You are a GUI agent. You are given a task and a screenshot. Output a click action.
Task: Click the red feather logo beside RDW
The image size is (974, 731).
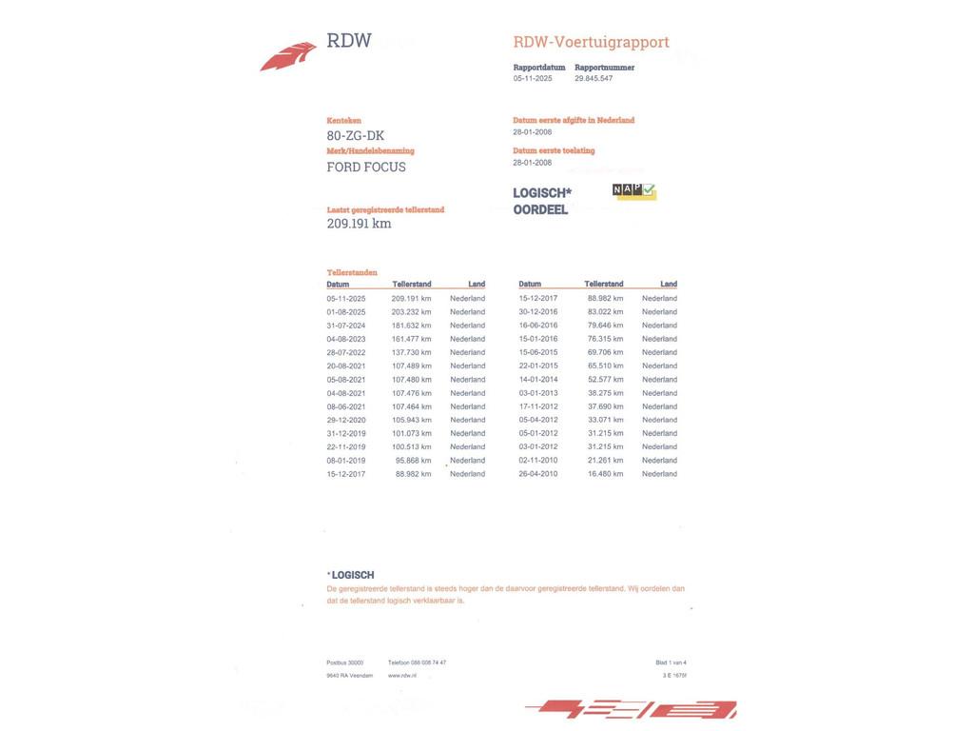288,56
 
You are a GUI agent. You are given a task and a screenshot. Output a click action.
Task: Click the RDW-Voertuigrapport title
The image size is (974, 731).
591,42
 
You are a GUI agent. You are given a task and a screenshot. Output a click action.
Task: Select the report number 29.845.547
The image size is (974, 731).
594,79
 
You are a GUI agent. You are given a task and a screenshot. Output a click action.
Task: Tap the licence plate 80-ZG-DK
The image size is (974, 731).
356,135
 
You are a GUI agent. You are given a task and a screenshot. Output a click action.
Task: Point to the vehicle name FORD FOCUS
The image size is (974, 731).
366,167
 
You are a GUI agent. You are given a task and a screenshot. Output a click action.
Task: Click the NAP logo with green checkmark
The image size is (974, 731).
634,191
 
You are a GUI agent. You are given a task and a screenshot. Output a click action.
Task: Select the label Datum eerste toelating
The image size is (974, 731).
554,150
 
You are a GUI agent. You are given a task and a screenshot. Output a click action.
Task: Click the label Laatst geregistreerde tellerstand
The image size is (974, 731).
385,209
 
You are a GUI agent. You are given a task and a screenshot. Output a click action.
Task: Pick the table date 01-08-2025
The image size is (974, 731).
346,312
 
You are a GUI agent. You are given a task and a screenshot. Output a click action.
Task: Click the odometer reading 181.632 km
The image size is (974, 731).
411,326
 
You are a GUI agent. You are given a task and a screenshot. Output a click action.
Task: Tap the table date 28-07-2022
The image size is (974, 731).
346,352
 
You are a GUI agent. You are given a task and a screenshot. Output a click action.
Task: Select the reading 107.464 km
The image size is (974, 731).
411,406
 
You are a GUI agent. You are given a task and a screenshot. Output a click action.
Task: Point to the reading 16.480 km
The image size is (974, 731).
605,474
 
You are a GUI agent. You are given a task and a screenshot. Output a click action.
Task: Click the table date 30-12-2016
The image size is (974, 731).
538,312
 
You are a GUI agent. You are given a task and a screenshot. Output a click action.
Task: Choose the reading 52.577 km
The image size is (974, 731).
605,380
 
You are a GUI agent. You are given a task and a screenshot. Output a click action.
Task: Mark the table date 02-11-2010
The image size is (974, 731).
538,461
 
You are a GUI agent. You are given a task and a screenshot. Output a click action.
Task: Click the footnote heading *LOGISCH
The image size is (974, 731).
351,575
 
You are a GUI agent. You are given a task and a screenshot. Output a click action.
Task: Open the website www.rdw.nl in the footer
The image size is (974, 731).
402,676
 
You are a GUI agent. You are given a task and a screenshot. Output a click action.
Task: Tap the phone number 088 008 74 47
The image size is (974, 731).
428,662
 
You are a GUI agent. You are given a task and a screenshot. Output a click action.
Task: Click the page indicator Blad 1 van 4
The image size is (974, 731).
671,662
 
